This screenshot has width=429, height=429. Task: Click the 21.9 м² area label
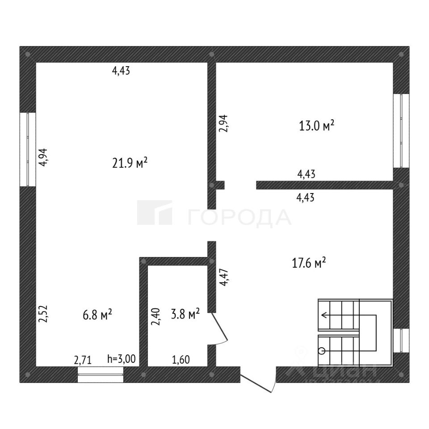pos(130,163)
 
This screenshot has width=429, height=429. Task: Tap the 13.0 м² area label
pos(316,126)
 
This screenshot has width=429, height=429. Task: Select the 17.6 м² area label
pos(308,263)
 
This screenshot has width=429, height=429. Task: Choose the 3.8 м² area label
pos(185,314)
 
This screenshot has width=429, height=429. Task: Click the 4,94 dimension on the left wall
pos(44,157)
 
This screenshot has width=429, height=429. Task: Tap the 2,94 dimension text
pos(223,123)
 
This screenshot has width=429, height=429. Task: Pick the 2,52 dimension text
pos(43,314)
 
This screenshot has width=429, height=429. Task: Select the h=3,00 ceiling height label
pos(122,358)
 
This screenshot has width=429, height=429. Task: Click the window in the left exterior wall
pos(28,149)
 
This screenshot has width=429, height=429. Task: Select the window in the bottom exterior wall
pos(101,374)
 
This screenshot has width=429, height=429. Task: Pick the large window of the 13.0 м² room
pos(401,130)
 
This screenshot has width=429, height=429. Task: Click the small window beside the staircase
pos(401,341)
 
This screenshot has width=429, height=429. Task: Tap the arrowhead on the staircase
pos(324,315)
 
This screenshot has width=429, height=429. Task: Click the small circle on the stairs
pos(321,351)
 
